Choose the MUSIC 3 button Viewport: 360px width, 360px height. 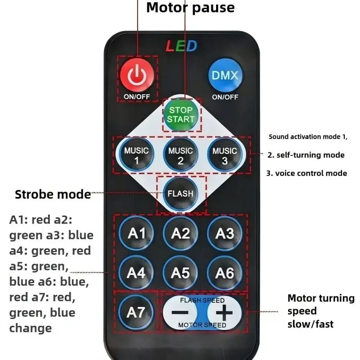[x=225, y=155]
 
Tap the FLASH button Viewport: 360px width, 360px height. [x=180, y=194]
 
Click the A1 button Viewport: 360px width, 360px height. [x=136, y=233]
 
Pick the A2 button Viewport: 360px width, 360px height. [x=180, y=233]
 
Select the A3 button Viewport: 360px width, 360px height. [x=225, y=233]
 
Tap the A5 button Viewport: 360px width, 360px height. [x=180, y=273]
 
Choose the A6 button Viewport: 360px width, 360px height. [x=225, y=273]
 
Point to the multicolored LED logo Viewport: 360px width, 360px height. [x=181, y=46]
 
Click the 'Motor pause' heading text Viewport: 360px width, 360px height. [x=190, y=8]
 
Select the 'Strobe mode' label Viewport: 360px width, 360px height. [x=53, y=194]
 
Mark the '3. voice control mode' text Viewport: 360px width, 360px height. [x=306, y=173]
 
